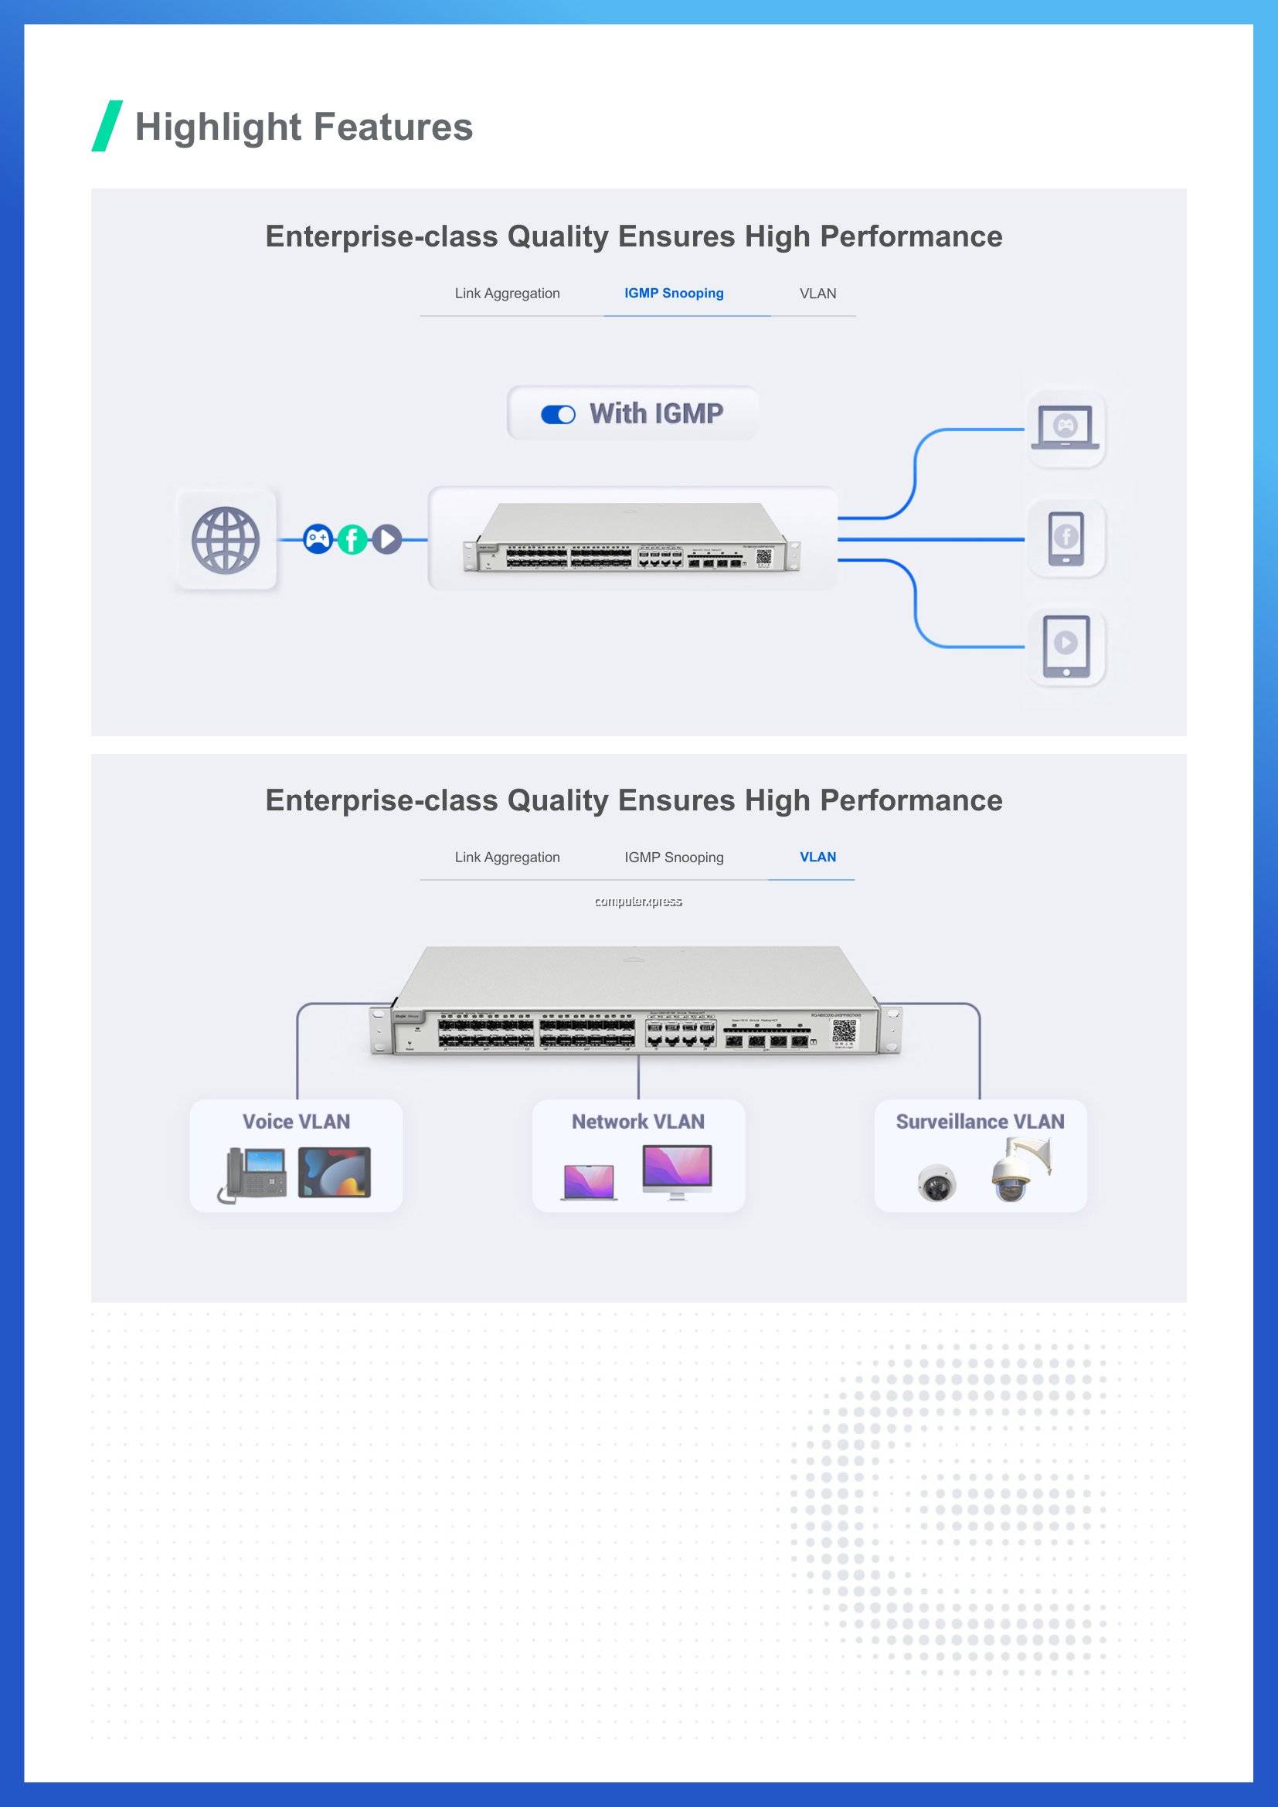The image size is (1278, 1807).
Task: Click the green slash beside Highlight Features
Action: point(107,126)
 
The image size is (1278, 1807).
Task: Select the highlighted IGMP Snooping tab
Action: point(674,294)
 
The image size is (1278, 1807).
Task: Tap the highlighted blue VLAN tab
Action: point(817,857)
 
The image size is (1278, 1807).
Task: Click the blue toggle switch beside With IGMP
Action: point(558,415)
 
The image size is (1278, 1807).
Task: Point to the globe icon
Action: point(226,540)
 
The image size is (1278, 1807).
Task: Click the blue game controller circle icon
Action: point(317,539)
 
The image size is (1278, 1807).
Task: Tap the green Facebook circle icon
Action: point(352,540)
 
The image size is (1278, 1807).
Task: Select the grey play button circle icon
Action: point(386,539)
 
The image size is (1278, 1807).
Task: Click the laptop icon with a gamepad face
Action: point(1066,428)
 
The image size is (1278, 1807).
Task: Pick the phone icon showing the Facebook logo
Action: point(1066,538)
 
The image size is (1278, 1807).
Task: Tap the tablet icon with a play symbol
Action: point(1066,646)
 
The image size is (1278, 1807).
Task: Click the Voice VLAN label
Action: point(296,1122)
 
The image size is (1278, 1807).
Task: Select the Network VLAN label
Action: point(638,1122)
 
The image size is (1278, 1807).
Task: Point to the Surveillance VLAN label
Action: point(980,1122)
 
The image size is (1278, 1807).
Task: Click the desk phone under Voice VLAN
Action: point(253,1175)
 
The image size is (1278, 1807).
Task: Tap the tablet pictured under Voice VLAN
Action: point(335,1173)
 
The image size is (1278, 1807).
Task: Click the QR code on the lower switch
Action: point(845,1031)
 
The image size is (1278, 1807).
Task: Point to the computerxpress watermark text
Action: point(638,901)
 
